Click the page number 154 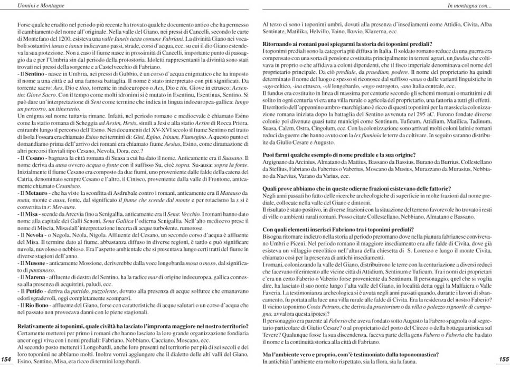7,359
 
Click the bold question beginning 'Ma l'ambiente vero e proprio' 351,354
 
